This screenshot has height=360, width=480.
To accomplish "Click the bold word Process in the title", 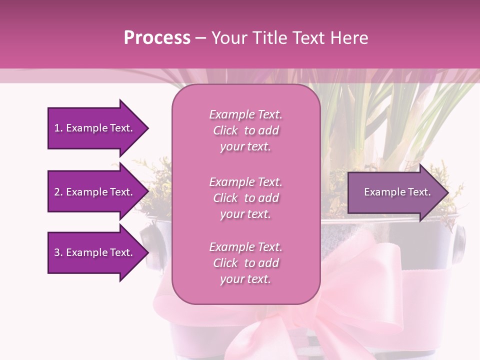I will pos(157,38).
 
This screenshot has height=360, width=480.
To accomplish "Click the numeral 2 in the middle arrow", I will pos(57,192).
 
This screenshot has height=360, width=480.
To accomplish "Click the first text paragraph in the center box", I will pos(245,130).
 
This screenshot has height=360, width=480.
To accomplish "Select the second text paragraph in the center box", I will pos(245,198).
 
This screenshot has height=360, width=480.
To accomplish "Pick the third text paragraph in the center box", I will pos(245,263).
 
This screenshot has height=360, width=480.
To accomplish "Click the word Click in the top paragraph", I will pos(225,130).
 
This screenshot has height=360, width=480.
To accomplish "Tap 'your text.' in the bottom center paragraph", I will pos(245,279).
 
